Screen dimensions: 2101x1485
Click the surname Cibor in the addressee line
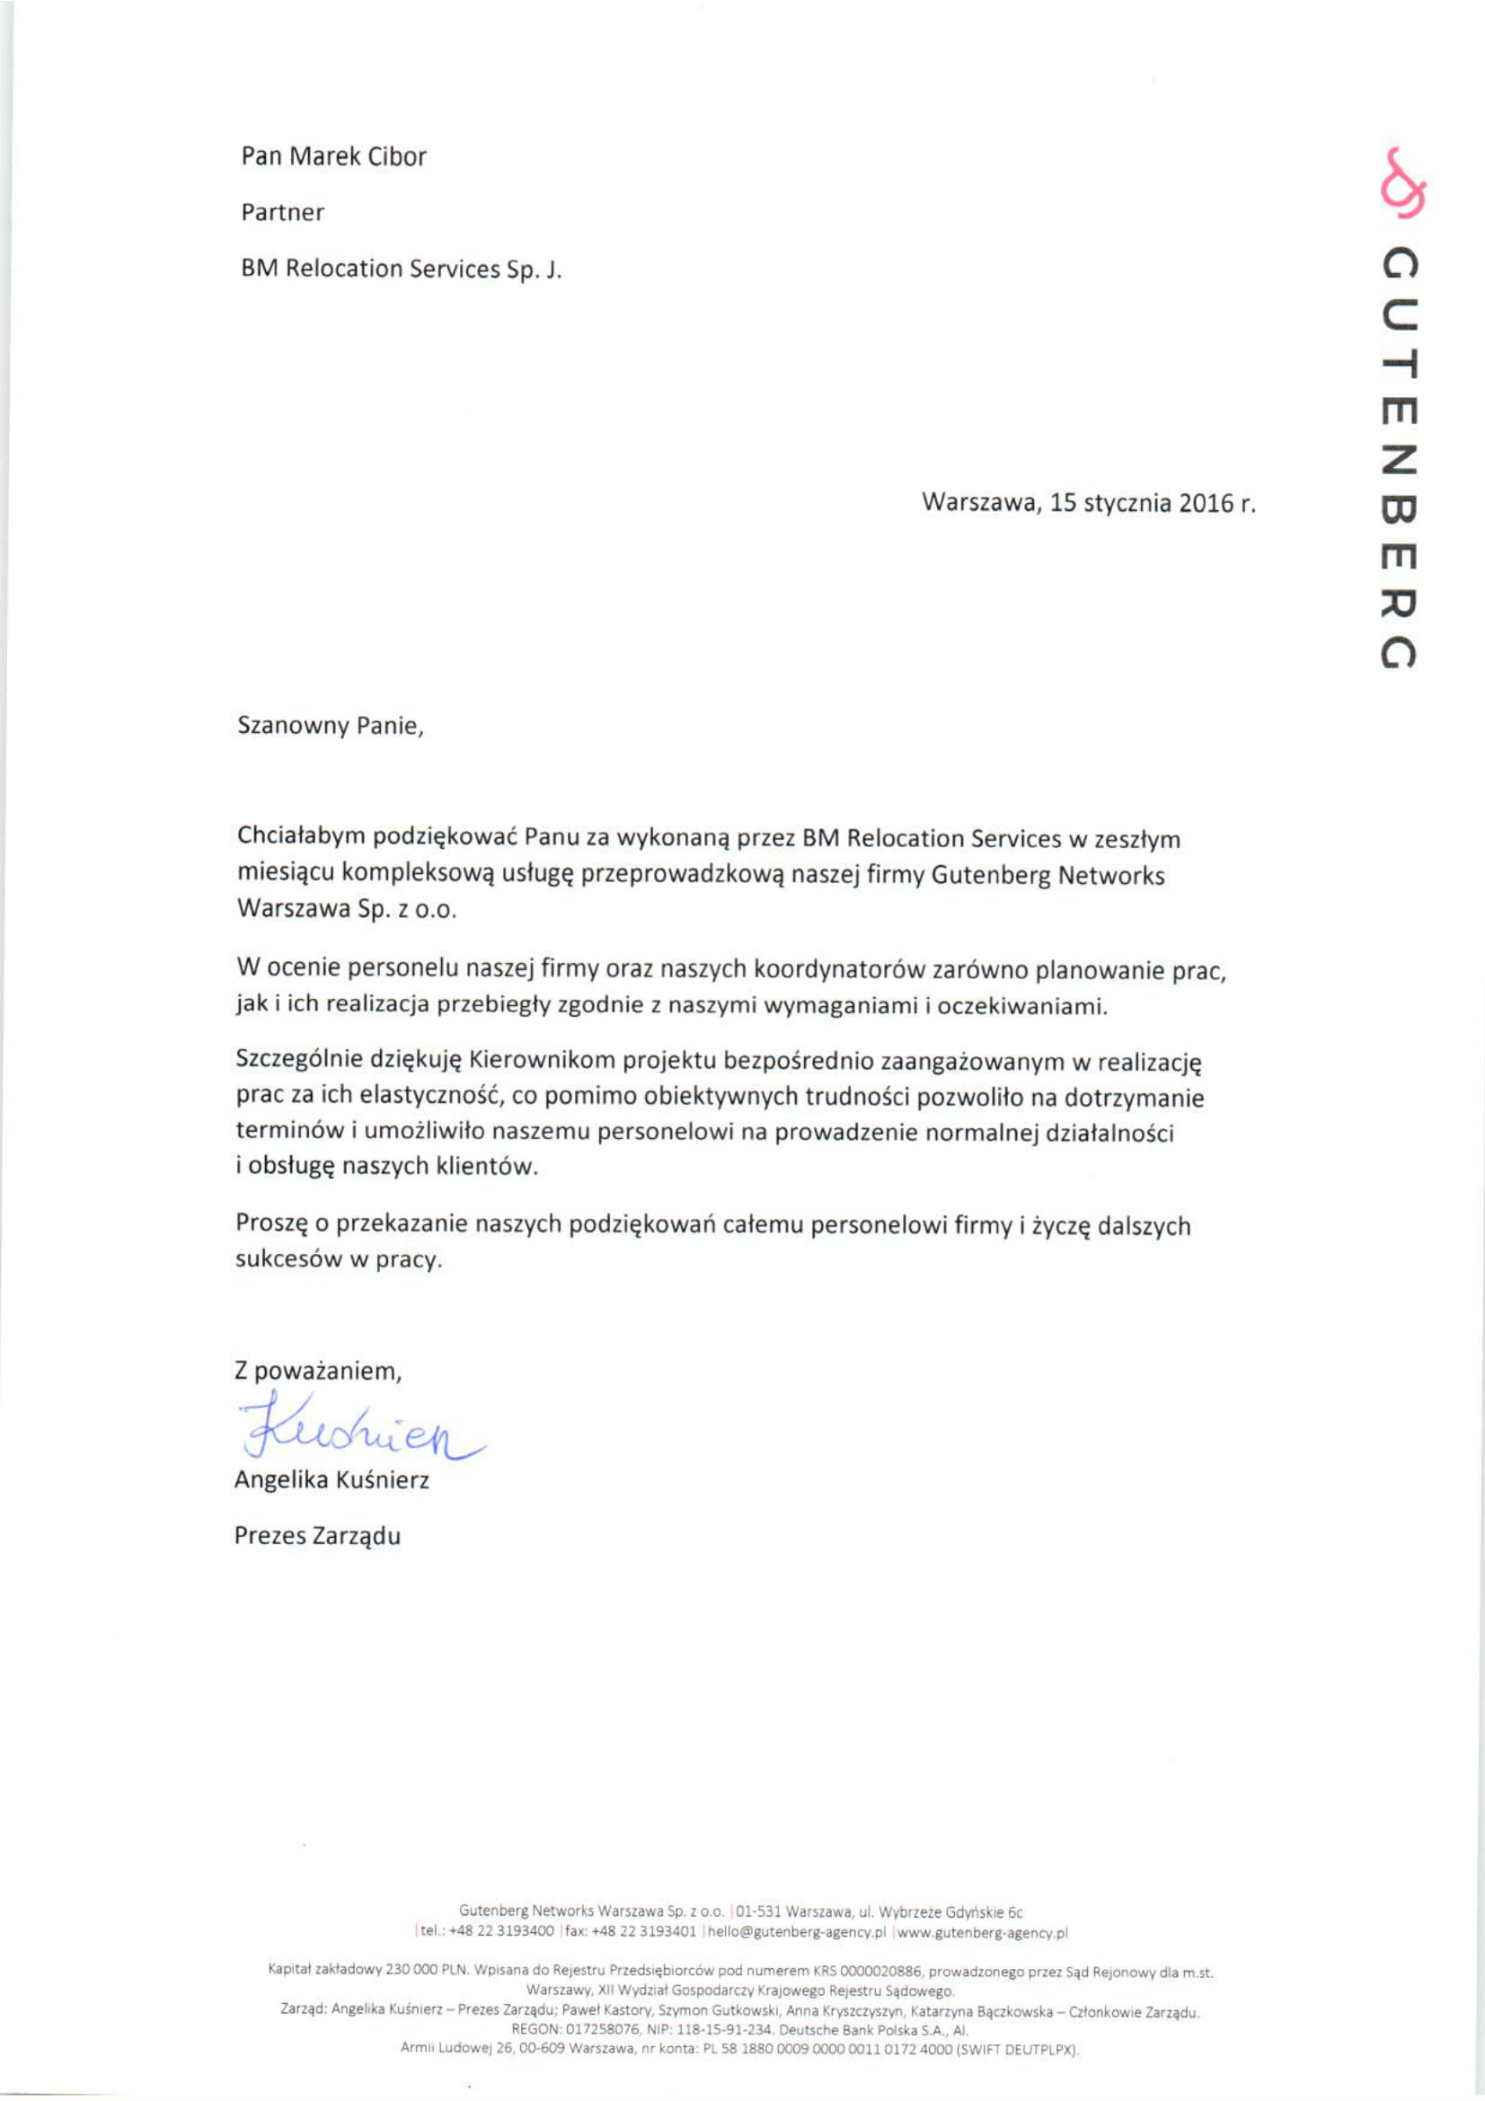click(397, 156)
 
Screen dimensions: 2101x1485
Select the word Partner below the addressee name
click(283, 212)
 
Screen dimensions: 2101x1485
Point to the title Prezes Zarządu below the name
click(317, 1535)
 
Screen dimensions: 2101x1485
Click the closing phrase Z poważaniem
click(318, 1371)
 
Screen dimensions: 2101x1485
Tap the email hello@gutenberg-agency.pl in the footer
click(795, 1932)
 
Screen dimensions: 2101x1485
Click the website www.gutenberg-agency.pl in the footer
click(982, 1932)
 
